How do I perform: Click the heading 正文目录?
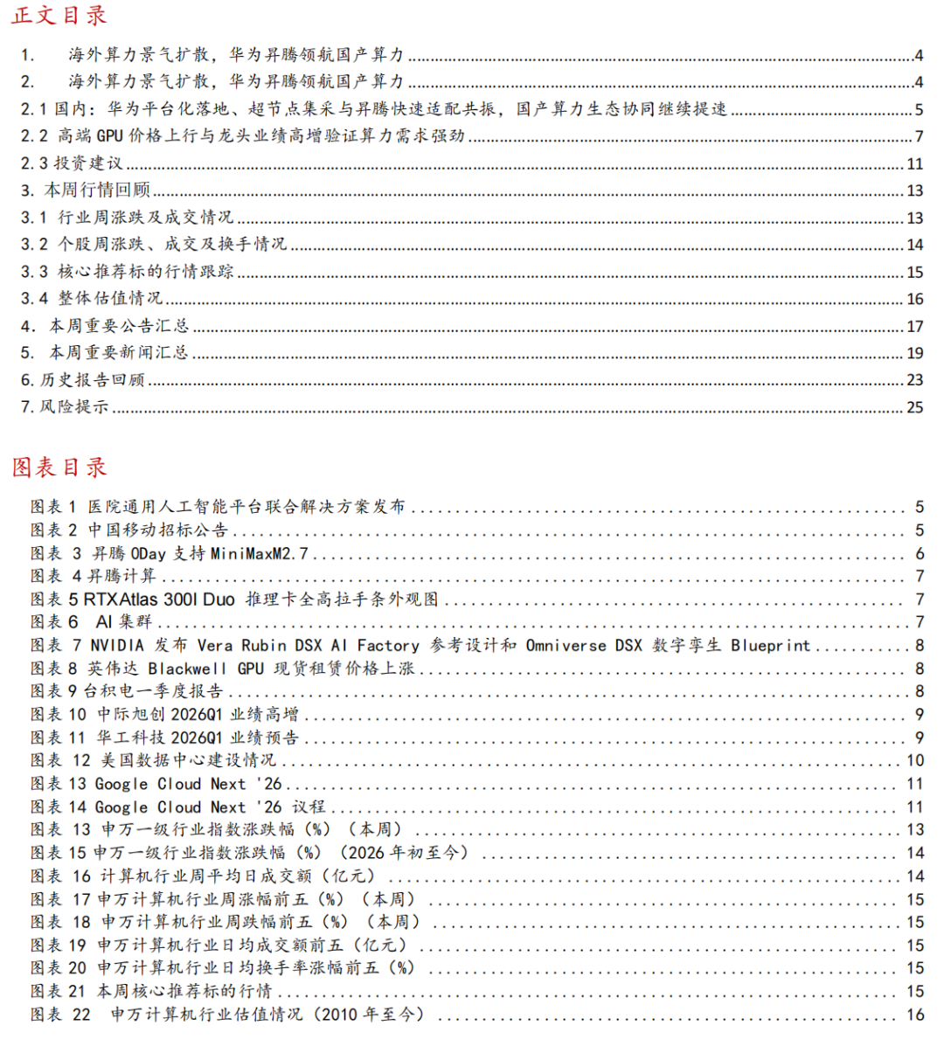pyautogui.click(x=59, y=15)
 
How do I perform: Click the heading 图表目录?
pyautogui.click(x=59, y=467)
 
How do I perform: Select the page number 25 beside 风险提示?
pyautogui.click(x=914, y=407)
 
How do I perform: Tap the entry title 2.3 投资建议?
pyautogui.click(x=72, y=163)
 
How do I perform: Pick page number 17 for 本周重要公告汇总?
pyautogui.click(x=914, y=326)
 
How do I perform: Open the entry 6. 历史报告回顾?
pyautogui.click(x=83, y=380)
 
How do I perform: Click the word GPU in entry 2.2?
pyautogui.click(x=109, y=136)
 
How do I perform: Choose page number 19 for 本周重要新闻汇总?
pyautogui.click(x=914, y=353)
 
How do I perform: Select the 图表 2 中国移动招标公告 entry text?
pyautogui.click(x=129, y=530)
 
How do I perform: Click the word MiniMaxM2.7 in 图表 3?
pyautogui.click(x=260, y=554)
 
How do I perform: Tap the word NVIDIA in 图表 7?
pyautogui.click(x=117, y=646)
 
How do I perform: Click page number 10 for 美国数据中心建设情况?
pyautogui.click(x=914, y=760)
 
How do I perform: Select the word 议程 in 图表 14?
pyautogui.click(x=309, y=807)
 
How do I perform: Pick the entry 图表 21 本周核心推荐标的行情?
pyautogui.click(x=151, y=991)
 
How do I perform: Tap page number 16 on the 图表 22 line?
pyautogui.click(x=914, y=1015)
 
